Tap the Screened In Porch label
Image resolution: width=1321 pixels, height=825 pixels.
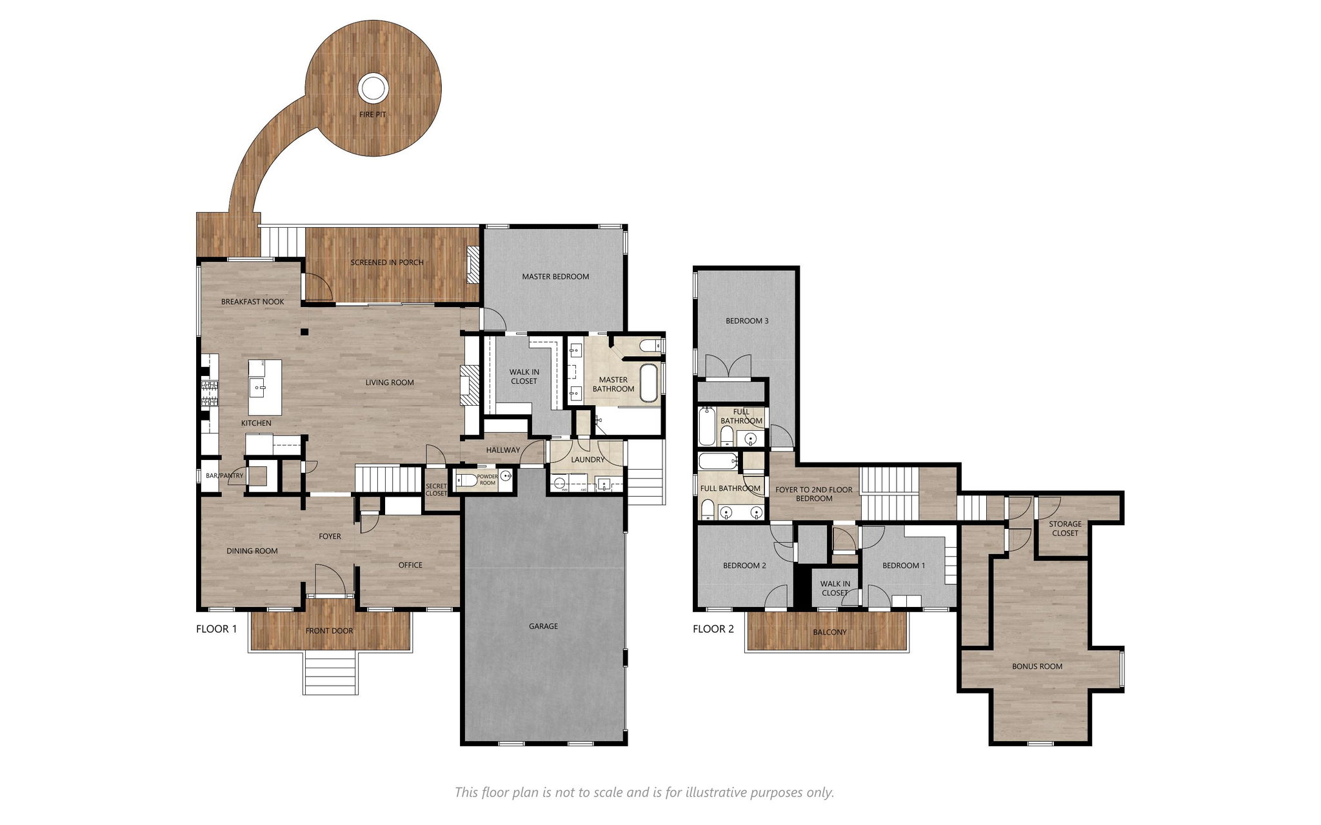point(387,263)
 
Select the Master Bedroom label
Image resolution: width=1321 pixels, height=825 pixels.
point(555,277)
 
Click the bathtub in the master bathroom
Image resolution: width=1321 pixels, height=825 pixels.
point(648,384)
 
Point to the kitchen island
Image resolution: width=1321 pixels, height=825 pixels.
point(265,388)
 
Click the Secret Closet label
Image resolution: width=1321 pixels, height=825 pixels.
point(436,490)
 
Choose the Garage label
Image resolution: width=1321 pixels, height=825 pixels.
point(543,626)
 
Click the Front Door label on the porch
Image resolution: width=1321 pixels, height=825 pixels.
point(329,631)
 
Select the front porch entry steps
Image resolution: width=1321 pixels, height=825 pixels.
point(330,672)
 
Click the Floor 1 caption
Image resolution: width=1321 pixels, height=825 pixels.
point(217,629)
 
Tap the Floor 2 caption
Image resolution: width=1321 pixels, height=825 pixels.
point(713,629)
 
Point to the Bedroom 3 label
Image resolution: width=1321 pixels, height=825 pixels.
point(747,321)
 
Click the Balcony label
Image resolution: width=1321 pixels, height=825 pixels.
point(829,632)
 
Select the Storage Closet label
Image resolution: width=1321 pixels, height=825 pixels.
point(1065,528)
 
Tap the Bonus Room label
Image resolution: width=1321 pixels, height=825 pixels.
point(1037,666)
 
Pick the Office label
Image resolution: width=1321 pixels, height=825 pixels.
point(410,565)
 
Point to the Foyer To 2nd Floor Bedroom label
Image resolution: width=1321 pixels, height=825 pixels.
point(814,494)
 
